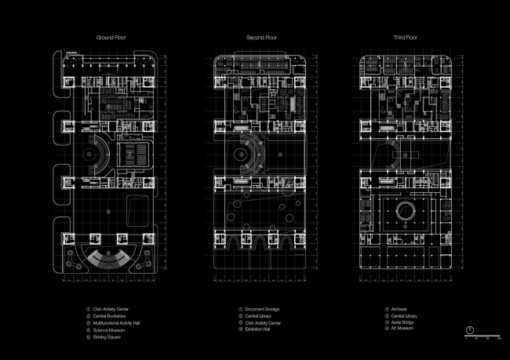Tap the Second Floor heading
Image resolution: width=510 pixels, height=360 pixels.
point(255,37)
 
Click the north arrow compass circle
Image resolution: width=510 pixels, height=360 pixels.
point(468,329)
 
